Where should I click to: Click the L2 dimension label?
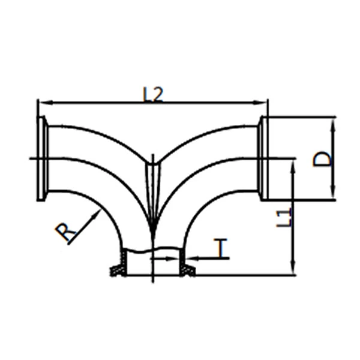tap(152, 94)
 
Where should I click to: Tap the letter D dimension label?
tap(322, 158)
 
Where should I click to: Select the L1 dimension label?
tap(284, 217)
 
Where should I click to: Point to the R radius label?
tap(65, 232)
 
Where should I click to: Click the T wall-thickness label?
tap(220, 247)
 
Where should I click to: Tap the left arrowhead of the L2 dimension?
tap(46, 103)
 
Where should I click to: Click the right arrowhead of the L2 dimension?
tap(260, 103)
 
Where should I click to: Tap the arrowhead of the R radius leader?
tap(97, 214)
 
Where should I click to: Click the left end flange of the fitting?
tap(42, 158)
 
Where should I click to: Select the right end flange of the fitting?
tap(264, 158)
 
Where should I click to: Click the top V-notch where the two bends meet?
tap(154, 163)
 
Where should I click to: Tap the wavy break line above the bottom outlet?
tap(152, 250)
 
